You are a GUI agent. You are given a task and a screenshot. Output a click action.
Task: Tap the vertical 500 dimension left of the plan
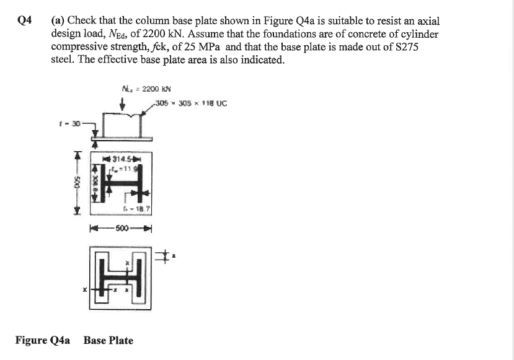click(x=78, y=183)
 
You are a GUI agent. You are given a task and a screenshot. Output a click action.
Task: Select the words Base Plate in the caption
click(x=108, y=340)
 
